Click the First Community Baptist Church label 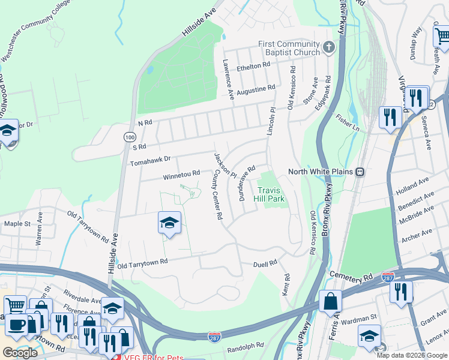[x=289, y=48]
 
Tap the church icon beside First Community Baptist [x=328, y=47]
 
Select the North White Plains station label [x=322, y=172]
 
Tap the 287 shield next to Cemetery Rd [x=388, y=277]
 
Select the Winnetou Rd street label [x=181, y=174]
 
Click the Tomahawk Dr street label [x=151, y=161]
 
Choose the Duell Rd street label [x=265, y=263]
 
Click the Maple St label [x=17, y=224]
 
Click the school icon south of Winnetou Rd [x=170, y=223]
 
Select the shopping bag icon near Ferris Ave [x=330, y=301]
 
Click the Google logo [x=20, y=353]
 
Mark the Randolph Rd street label [x=246, y=347]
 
